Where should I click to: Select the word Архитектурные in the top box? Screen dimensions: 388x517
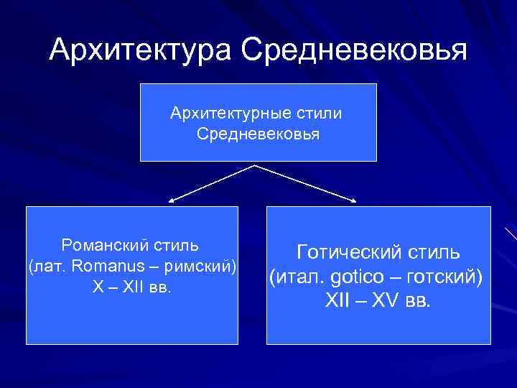(x=219, y=114)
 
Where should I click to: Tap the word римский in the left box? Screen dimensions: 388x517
(x=205, y=267)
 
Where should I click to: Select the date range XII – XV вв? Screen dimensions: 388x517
(x=378, y=300)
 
